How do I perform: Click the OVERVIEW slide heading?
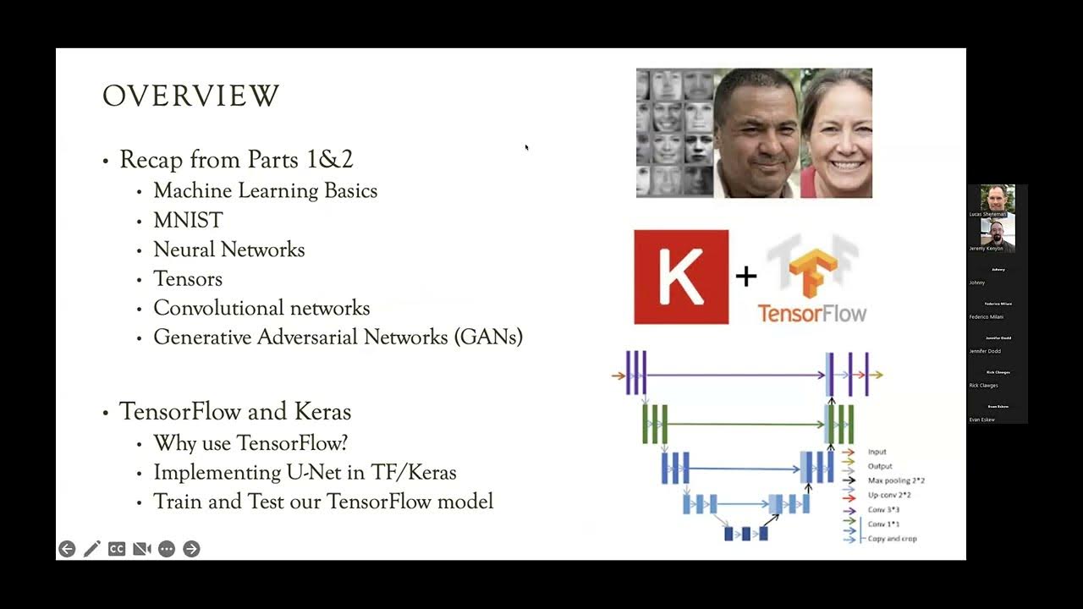tap(190, 96)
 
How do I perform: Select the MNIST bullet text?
tap(188, 220)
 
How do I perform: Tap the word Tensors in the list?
tap(188, 278)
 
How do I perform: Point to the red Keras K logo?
tap(681, 277)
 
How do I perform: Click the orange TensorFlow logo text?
tap(812, 313)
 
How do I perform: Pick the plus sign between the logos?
tap(745, 276)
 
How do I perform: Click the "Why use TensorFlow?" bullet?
tap(250, 442)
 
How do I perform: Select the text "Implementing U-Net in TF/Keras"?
tap(305, 472)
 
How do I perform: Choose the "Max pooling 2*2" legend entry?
tap(896, 480)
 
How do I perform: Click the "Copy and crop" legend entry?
tap(892, 539)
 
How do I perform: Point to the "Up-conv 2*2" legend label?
tap(890, 495)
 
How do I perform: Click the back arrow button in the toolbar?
tap(67, 549)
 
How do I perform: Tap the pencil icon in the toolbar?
tap(92, 549)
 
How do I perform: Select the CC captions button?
tap(117, 549)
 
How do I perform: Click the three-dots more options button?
tap(167, 549)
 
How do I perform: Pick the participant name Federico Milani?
tap(987, 317)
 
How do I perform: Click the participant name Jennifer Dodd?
tap(985, 351)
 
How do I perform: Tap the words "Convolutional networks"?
tap(261, 308)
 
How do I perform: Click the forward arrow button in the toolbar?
tap(191, 549)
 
